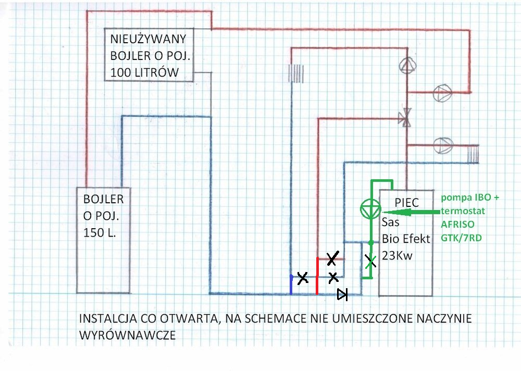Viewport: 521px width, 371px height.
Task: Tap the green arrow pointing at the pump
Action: tap(412, 213)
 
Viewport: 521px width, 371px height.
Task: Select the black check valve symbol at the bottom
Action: tap(342, 295)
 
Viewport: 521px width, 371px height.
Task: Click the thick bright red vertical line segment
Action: tap(317, 276)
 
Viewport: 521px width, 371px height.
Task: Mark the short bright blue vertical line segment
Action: tap(291, 285)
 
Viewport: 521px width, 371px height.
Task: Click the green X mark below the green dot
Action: tap(370, 262)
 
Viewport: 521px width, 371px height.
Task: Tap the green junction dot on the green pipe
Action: tap(370, 243)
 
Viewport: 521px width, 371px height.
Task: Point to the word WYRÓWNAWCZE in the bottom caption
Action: tap(128, 335)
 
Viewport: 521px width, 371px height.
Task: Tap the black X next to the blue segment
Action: tap(302, 278)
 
